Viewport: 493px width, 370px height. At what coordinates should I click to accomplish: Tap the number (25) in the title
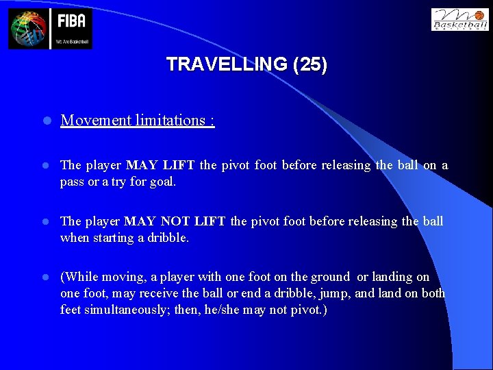[x=309, y=64]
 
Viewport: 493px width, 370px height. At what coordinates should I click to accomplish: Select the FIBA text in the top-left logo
[x=71, y=21]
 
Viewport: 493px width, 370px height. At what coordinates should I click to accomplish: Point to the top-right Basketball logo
[x=459, y=19]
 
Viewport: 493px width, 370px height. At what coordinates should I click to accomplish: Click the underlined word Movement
[x=96, y=121]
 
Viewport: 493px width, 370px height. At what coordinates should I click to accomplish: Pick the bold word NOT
[x=176, y=221]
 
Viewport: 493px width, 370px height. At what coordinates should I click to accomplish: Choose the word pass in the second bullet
[x=73, y=182]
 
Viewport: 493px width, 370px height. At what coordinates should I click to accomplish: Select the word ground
[x=330, y=277]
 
